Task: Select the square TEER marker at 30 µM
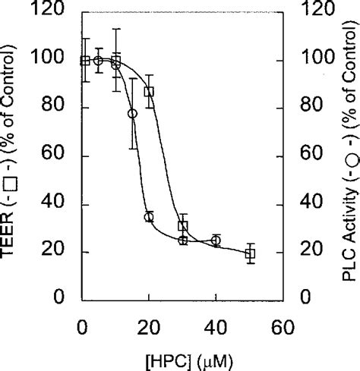pyautogui.click(x=183, y=226)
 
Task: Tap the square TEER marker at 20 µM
pyautogui.click(x=150, y=92)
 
